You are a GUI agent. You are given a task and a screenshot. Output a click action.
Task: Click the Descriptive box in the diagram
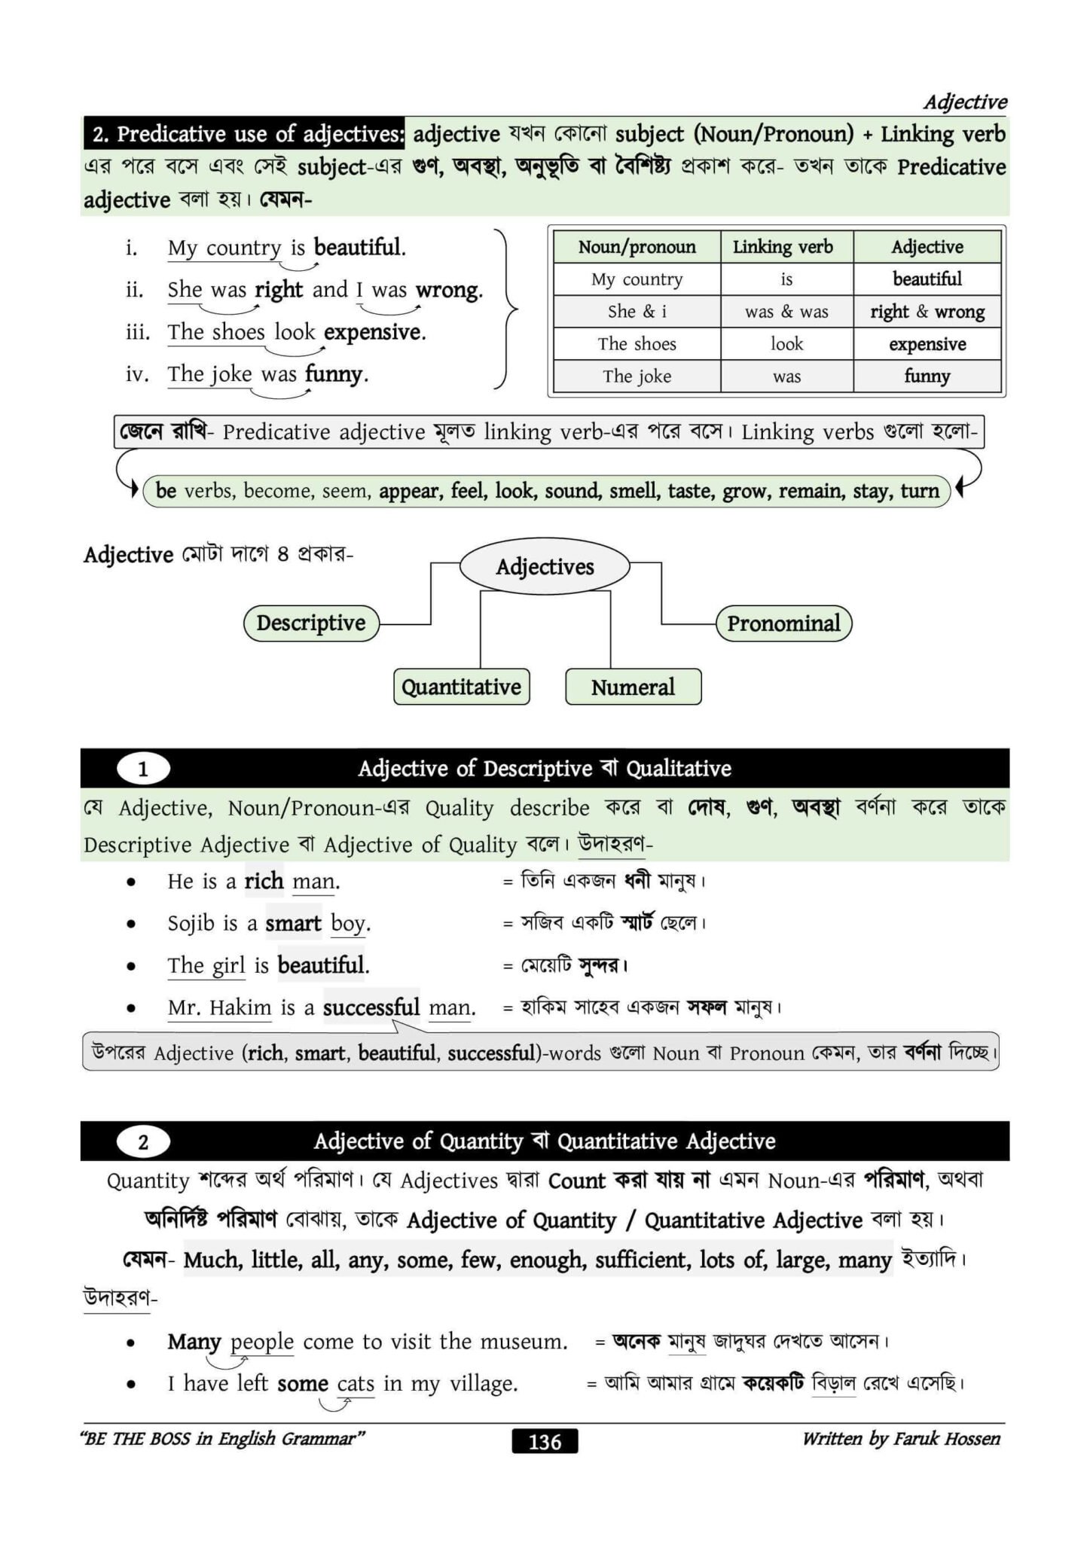[x=310, y=623]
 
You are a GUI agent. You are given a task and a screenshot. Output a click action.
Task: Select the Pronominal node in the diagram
[x=783, y=623]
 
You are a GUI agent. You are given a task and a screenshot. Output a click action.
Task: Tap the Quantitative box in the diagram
[x=461, y=687]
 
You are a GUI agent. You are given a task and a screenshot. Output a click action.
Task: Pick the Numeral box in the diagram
[x=633, y=687]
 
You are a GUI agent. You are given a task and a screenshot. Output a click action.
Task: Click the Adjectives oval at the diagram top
[x=545, y=567]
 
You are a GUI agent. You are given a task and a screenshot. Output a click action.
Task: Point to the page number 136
[x=545, y=1441]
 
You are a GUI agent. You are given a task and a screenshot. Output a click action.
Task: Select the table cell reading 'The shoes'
[x=637, y=344]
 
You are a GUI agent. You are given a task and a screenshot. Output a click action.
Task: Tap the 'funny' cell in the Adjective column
[x=927, y=376]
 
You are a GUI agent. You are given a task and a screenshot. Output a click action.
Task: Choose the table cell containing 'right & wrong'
[x=927, y=312]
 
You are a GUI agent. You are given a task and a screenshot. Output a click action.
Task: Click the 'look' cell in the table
[x=786, y=344]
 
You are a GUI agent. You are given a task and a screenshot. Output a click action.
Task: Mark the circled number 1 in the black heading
[x=143, y=769]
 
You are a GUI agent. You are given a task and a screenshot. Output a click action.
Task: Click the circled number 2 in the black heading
[x=143, y=1142]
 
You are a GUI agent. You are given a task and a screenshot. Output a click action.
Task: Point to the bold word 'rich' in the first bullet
[x=264, y=881]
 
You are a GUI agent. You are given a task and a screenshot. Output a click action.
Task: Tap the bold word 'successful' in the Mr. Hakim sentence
[x=371, y=1007]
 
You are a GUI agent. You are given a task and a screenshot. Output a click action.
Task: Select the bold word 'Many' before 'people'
[x=194, y=1341]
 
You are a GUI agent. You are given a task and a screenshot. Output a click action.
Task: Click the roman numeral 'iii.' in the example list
[x=138, y=332]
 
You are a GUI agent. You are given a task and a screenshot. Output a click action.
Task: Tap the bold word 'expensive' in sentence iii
[x=374, y=332]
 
